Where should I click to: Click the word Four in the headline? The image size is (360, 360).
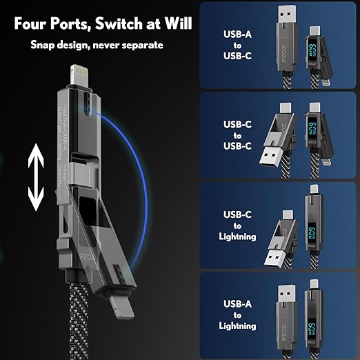32,25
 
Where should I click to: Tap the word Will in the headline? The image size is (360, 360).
175,25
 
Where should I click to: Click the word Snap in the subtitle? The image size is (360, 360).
43,45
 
